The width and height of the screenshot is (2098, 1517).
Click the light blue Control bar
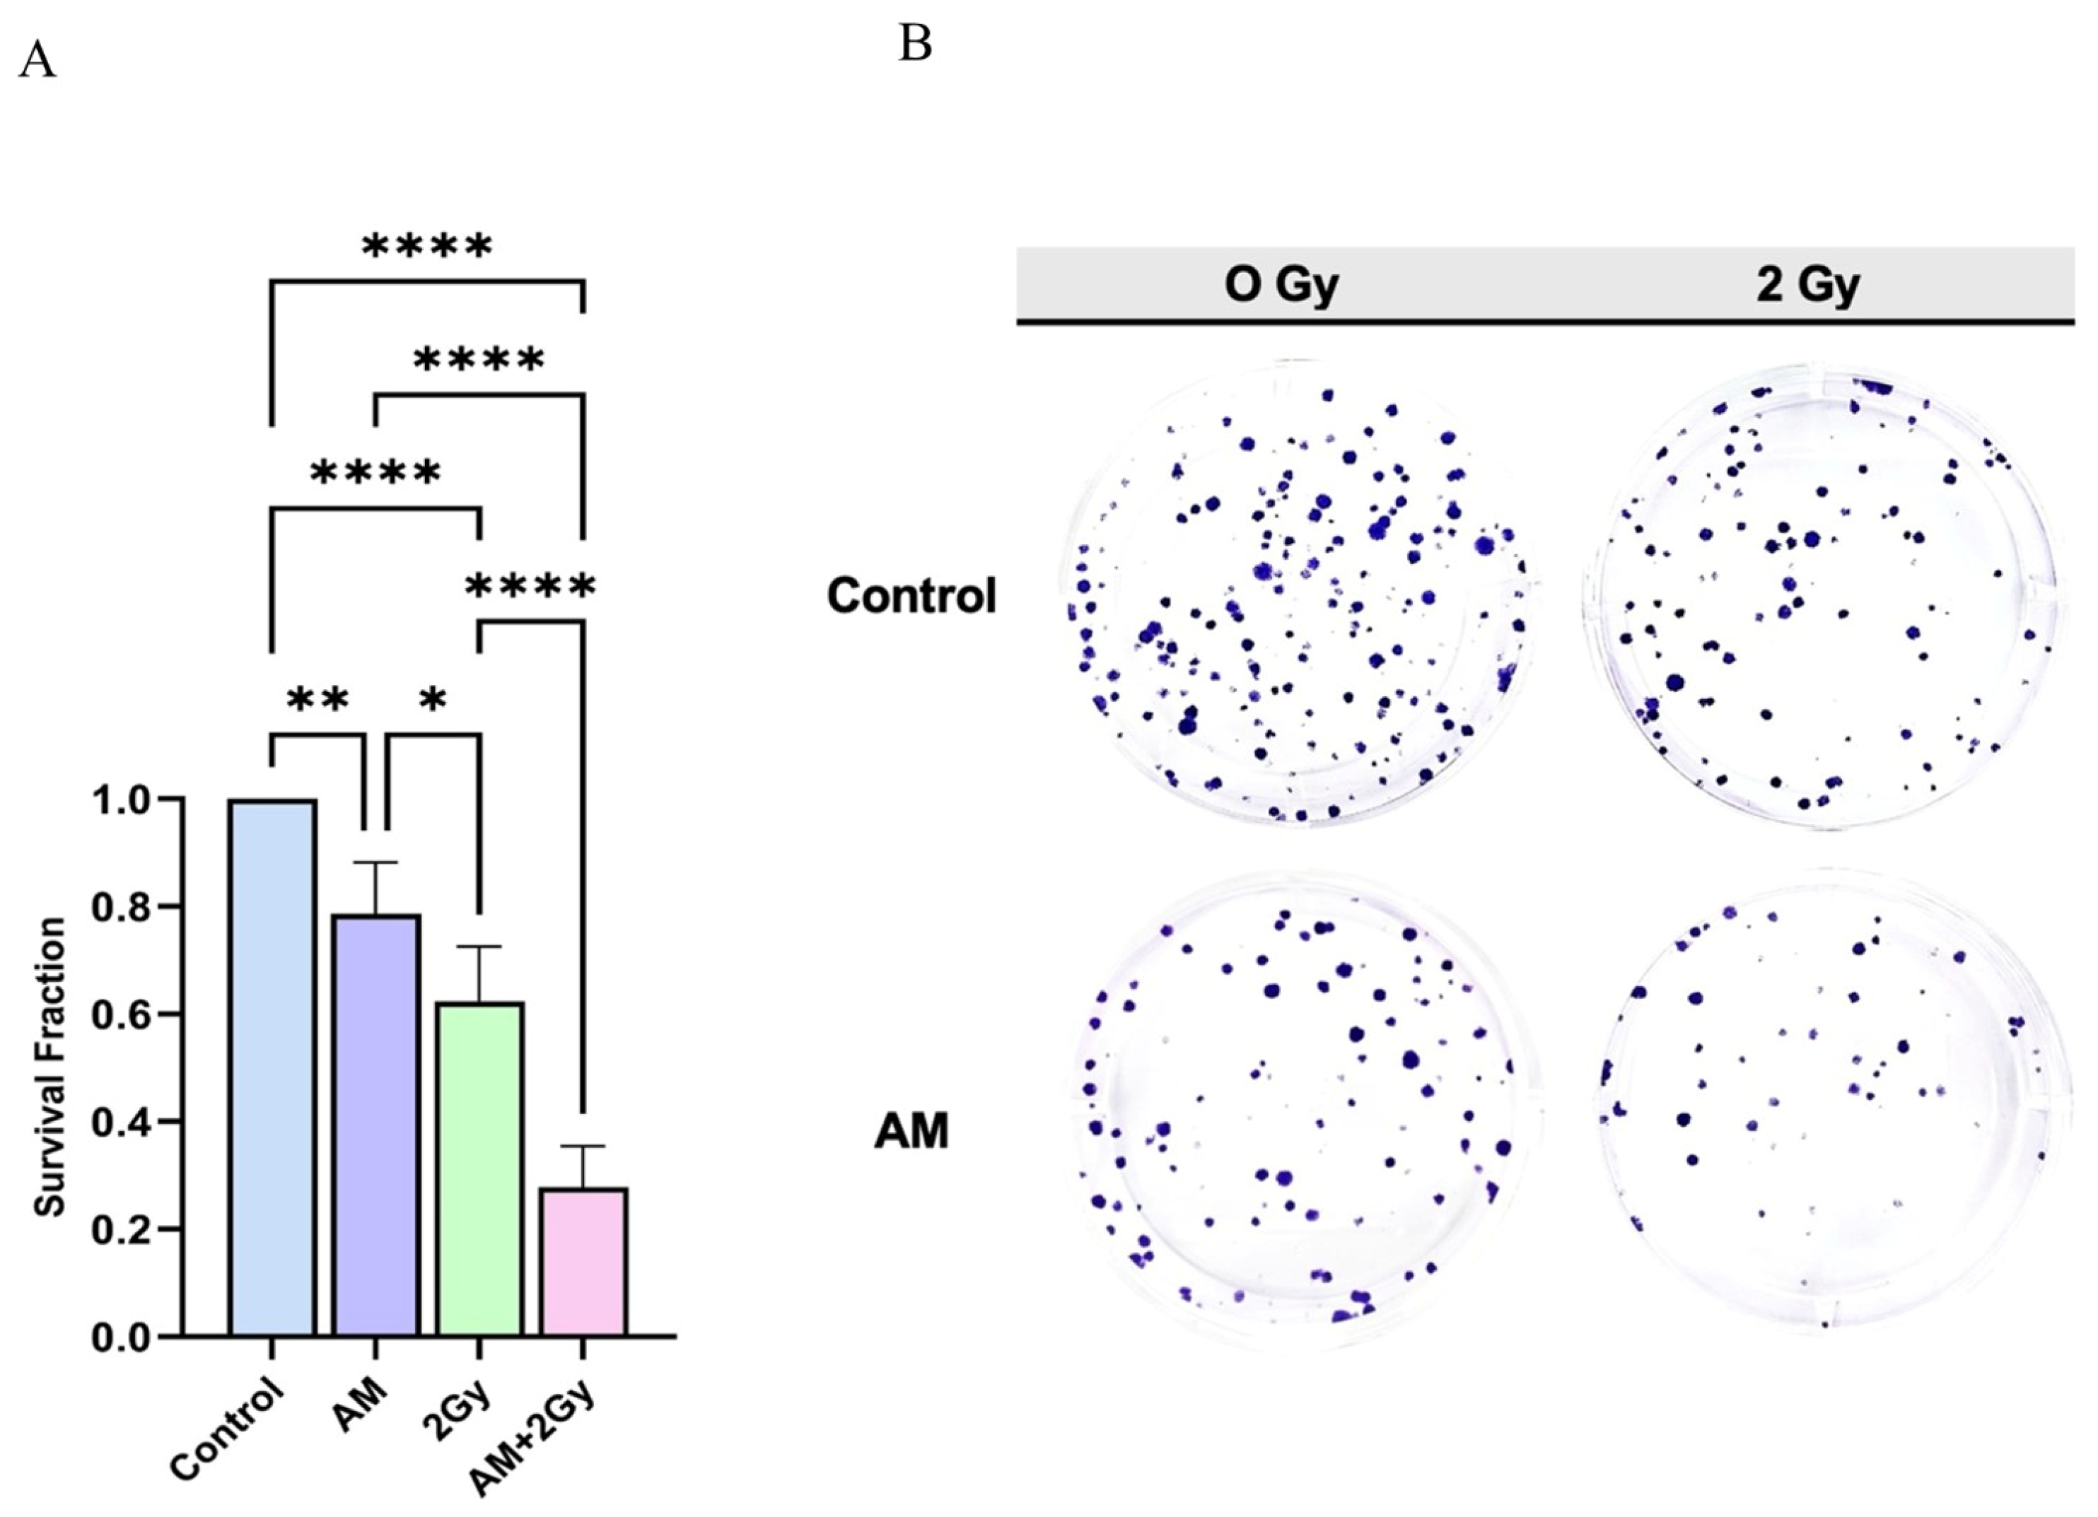point(273,1068)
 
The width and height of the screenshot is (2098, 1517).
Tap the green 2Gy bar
point(480,1169)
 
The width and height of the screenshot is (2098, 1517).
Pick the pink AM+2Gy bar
point(583,1263)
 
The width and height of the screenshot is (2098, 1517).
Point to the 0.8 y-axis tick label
point(124,908)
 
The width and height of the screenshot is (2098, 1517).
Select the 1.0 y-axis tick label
point(124,800)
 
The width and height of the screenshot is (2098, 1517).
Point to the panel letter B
point(914,45)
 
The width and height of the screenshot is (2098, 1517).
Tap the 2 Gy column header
point(1807,286)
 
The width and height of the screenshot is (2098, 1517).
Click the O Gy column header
point(1281,286)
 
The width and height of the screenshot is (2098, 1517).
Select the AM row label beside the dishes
point(912,1131)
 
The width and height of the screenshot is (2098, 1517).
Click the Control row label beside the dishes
point(912,597)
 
